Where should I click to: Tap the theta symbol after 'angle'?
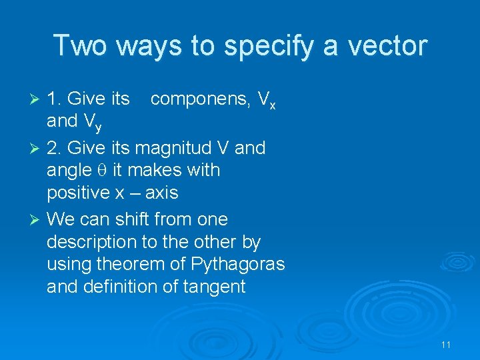102,171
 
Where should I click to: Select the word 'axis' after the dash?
161,193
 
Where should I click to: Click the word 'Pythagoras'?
239,265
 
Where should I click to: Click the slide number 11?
446,345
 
